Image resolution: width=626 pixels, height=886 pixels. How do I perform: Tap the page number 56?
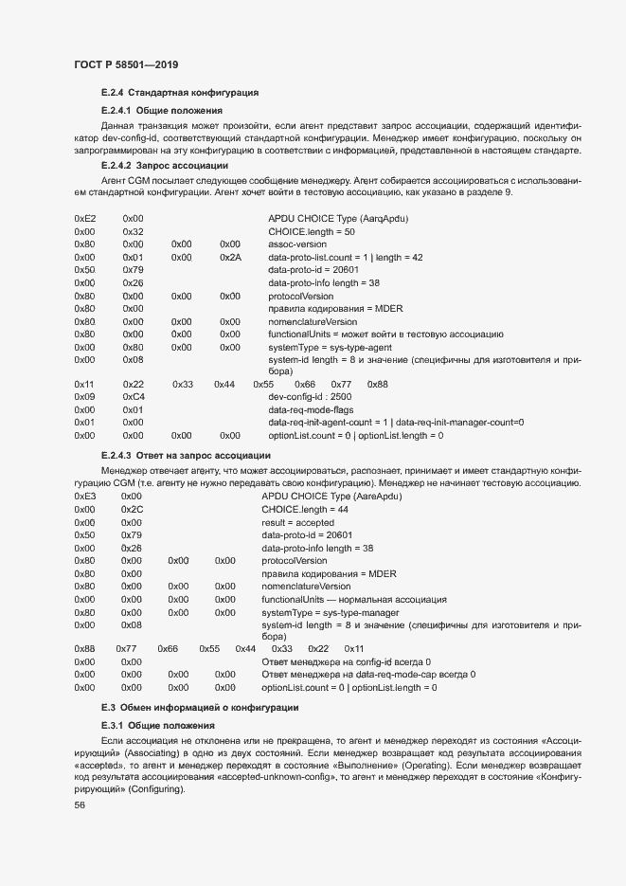(80, 805)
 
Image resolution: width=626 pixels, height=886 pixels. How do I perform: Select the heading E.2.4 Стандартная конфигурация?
(180, 94)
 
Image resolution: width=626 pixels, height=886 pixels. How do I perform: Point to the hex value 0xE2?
(84, 218)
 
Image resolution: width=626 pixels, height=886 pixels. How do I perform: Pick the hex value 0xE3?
(84, 496)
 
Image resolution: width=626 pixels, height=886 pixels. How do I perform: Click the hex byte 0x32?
(133, 231)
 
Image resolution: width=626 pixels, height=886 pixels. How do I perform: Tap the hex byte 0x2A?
(230, 257)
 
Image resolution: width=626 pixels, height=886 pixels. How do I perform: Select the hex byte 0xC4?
(133, 397)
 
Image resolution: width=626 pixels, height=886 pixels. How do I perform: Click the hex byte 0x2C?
(132, 509)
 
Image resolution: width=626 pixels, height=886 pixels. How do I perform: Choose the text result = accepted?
(297, 522)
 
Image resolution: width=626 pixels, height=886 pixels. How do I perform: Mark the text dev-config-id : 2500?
(311, 397)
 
